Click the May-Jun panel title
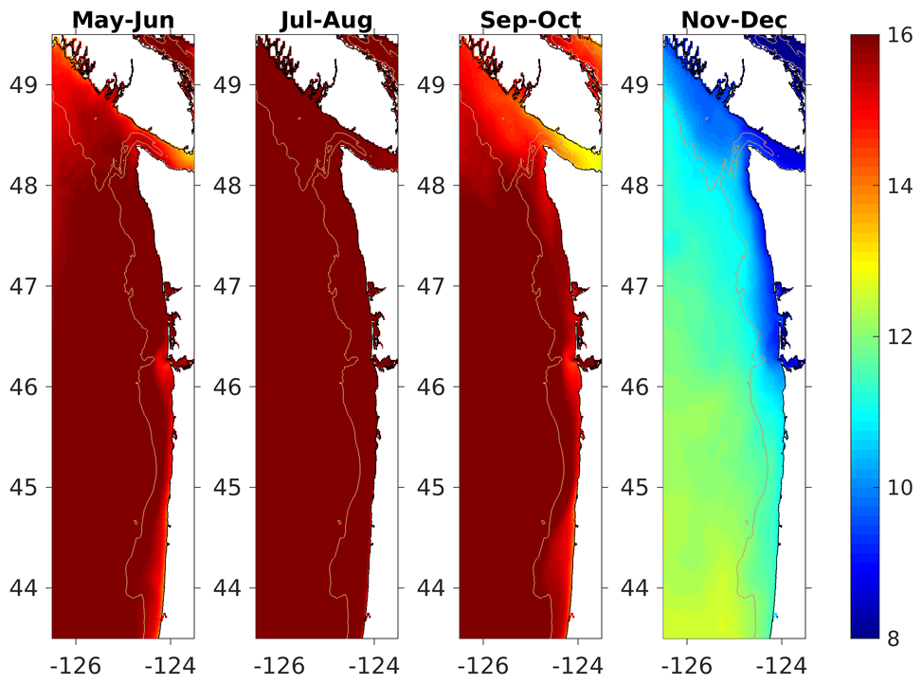coord(122,19)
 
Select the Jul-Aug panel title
coord(326,19)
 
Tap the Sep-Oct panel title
coord(530,19)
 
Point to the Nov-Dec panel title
coord(734,19)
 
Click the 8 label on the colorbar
coord(894,639)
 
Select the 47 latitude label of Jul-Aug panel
coord(228,286)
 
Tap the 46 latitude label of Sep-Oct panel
coord(432,387)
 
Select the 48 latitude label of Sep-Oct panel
coord(432,186)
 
